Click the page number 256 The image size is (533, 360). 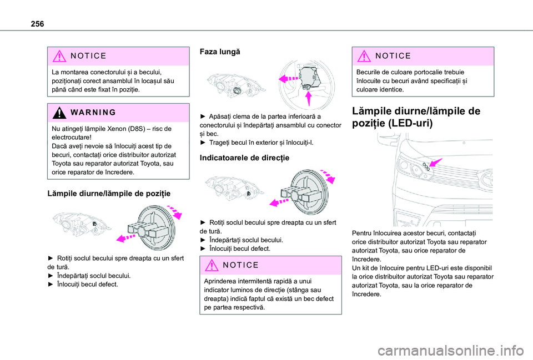coord(37,24)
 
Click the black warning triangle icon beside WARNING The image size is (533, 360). coord(59,113)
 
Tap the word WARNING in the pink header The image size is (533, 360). coord(93,113)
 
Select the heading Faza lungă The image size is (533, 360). coord(220,52)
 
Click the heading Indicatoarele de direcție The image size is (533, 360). coord(244,158)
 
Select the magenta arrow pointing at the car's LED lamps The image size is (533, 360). coord(435,162)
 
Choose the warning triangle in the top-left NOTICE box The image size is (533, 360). coord(59,56)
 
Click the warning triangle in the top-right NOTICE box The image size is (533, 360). coord(364,56)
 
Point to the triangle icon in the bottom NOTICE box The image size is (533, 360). coord(212,265)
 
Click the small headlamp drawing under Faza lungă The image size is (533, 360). coord(237,84)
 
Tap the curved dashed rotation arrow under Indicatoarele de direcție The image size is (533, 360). coord(328,175)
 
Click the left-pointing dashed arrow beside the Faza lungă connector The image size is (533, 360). coord(288,79)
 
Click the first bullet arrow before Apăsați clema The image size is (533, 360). coord(203,116)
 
